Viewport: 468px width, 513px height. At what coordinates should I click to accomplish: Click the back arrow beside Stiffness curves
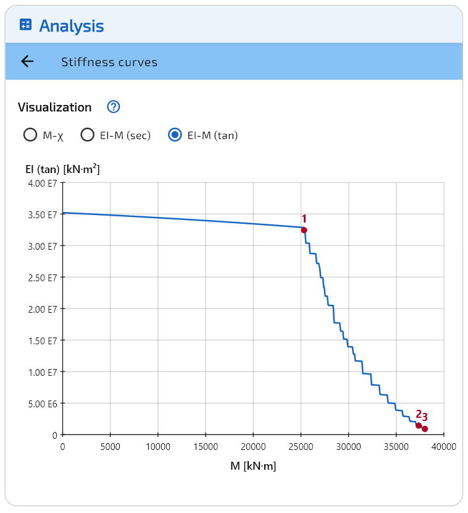coord(27,61)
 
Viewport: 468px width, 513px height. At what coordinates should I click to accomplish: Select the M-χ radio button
coord(30,135)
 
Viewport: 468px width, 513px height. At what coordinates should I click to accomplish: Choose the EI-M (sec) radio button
coord(88,135)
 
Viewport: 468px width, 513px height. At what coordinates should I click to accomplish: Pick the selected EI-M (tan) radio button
coord(175,135)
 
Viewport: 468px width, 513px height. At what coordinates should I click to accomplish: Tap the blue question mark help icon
coord(113,107)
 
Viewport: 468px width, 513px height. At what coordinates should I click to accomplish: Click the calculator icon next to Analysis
coord(25,25)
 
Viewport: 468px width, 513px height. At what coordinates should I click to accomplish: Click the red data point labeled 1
coord(304,230)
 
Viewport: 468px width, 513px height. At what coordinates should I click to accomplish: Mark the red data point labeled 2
coord(419,425)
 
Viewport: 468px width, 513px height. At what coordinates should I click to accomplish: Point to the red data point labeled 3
coord(425,429)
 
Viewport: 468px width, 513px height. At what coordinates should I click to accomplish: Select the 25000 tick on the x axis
coord(301,447)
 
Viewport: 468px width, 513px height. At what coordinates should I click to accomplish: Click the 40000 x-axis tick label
coord(443,447)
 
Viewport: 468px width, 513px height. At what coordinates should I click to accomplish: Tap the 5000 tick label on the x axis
coord(110,447)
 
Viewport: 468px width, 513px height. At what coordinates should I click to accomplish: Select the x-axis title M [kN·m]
coord(253,466)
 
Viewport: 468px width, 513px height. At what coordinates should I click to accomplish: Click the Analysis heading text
coord(72,26)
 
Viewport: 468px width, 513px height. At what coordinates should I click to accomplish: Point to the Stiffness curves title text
coord(109,62)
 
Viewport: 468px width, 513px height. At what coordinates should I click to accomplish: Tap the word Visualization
coord(55,107)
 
